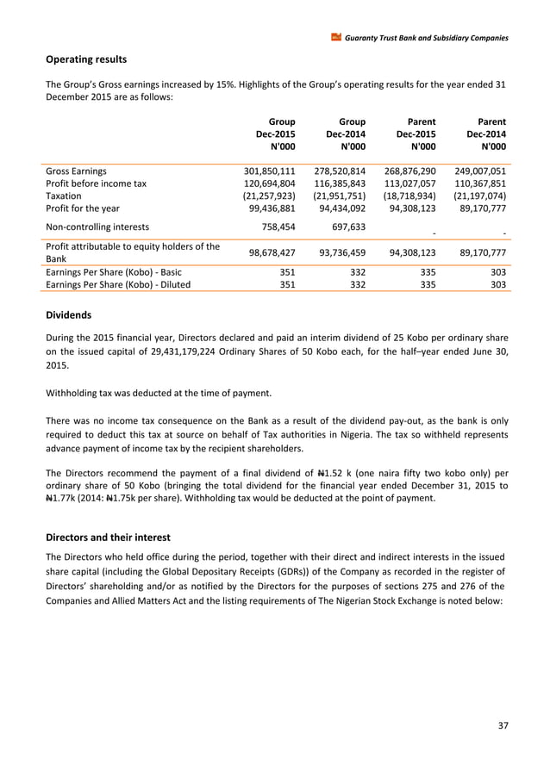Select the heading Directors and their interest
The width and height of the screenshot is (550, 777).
tap(108, 538)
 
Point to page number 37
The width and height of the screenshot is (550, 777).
tap(503, 725)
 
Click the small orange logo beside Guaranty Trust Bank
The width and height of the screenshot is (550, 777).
tap(335, 38)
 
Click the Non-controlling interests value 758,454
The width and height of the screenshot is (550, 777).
tap(276, 227)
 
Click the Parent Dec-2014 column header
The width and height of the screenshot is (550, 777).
tap(486, 134)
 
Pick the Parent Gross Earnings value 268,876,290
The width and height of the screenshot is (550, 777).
tap(408, 171)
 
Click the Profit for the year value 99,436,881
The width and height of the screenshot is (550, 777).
tap(272, 210)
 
